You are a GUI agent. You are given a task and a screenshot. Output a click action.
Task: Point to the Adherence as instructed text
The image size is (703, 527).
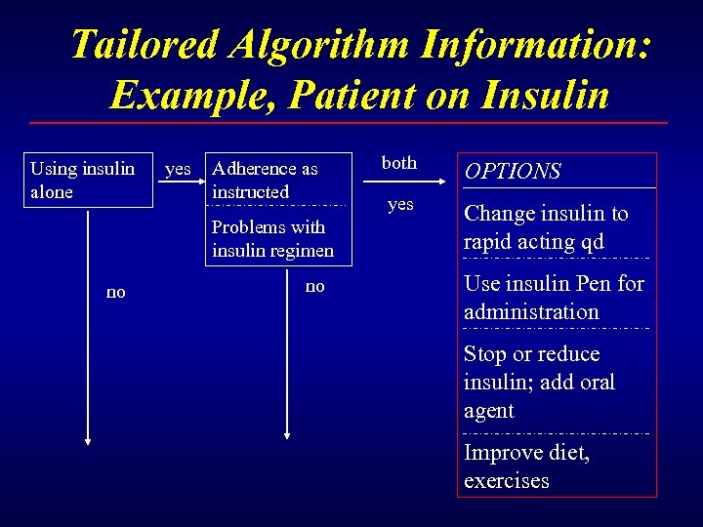coord(265,181)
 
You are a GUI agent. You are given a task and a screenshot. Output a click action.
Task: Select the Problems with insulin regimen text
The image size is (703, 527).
coord(272,239)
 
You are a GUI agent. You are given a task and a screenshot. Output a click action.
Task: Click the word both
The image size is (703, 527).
coord(398,163)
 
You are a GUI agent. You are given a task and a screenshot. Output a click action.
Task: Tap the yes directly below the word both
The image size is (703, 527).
coord(400,204)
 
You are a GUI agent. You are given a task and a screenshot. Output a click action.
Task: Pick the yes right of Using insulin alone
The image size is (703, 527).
coord(178,169)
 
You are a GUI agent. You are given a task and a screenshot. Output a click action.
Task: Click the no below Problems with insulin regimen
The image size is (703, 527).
coord(314,286)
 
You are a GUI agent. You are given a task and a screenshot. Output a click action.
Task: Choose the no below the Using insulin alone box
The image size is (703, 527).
coord(115,292)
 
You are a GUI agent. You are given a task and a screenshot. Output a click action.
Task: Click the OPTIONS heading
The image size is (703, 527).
coord(513,172)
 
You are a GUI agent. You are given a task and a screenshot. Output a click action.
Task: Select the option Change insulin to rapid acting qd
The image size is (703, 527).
coord(546,227)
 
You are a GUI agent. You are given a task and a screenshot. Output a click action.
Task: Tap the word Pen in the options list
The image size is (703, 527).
coord(597,284)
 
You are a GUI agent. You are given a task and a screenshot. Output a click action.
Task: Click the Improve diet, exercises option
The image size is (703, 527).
coord(526,466)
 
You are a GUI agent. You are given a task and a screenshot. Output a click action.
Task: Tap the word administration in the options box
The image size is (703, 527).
coord(531,312)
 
